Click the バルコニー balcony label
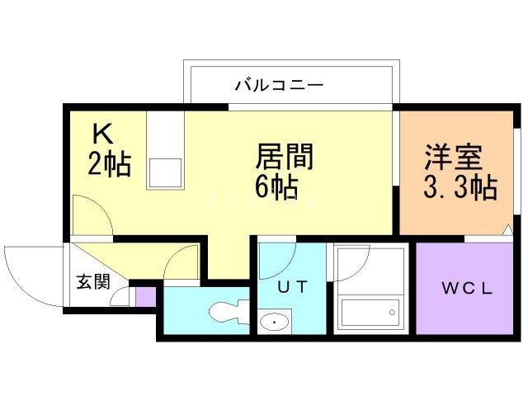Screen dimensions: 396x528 (279, 84)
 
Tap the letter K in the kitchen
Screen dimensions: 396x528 (101, 133)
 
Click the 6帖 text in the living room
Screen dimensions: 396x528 (276, 187)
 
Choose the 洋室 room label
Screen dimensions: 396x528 (453, 158)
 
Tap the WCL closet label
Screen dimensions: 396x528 (466, 289)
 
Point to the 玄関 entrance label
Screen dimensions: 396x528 (93, 281)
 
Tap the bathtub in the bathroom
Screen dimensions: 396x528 (370, 314)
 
